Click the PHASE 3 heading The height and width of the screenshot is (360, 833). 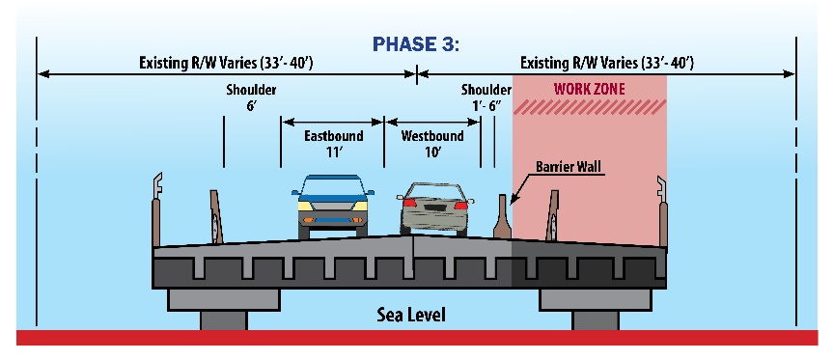tap(417, 44)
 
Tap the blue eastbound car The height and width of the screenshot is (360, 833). tap(332, 205)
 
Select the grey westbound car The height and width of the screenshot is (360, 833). tap(434, 209)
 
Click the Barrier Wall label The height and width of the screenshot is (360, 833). tap(569, 168)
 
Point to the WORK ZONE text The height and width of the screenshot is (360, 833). tap(589, 89)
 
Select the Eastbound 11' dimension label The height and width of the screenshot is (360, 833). tap(333, 144)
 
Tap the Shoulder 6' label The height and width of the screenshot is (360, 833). tap(251, 98)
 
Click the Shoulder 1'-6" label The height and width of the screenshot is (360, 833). tap(486, 98)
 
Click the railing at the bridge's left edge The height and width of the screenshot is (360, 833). tap(158, 208)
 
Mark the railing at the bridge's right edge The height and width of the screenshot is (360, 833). tap(661, 208)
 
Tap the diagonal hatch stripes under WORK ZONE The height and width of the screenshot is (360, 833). tap(589, 108)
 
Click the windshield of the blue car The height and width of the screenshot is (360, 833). tap(332, 188)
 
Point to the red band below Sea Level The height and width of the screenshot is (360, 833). tap(416, 338)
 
